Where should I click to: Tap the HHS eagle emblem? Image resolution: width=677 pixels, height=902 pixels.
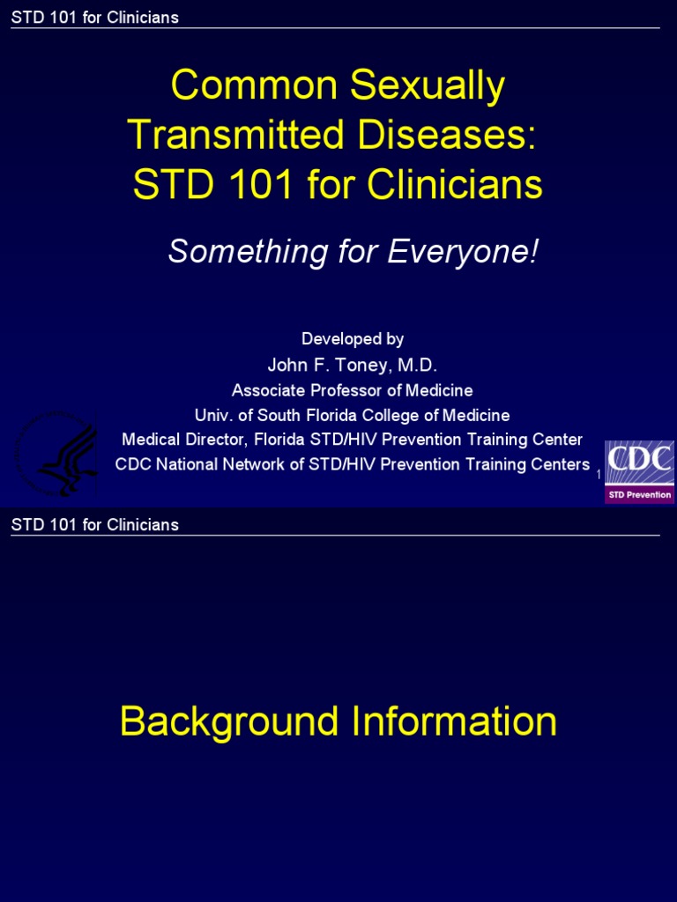pyautogui.click(x=58, y=454)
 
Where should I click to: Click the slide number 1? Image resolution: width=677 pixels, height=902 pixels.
pyautogui.click(x=599, y=475)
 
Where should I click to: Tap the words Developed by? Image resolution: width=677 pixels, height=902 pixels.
pyautogui.click(x=353, y=339)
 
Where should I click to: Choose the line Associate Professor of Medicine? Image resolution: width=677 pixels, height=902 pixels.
pyautogui.click(x=353, y=390)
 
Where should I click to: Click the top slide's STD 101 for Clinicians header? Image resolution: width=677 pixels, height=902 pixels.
pyautogui.click(x=95, y=18)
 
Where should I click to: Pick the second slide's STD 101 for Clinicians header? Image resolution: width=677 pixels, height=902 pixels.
pyautogui.click(x=95, y=525)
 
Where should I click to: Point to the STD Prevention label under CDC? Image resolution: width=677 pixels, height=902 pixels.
pyautogui.click(x=639, y=495)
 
